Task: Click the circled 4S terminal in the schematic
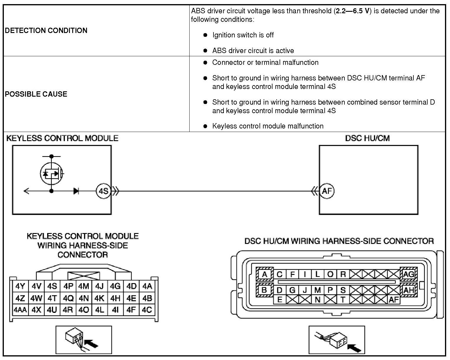[x=103, y=191]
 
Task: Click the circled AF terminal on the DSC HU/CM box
[x=327, y=191]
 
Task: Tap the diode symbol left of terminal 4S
[x=76, y=191]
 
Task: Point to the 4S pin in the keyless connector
[x=52, y=286]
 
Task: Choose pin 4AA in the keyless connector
[x=20, y=310]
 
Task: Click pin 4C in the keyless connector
[x=147, y=310]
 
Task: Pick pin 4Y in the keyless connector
[x=20, y=286]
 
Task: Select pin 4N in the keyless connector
[x=84, y=298]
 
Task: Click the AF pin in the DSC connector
[x=394, y=300]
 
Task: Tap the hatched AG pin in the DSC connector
[x=408, y=274]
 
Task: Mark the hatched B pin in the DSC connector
[x=264, y=290]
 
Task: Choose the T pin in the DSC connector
[x=343, y=300]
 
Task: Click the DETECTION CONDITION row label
[x=46, y=31]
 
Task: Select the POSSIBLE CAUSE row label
[x=36, y=94]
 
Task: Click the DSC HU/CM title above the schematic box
[x=367, y=138]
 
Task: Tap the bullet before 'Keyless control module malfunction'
[x=205, y=126]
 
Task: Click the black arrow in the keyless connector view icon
[x=91, y=344]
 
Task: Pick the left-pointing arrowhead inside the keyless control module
[x=26, y=191]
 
